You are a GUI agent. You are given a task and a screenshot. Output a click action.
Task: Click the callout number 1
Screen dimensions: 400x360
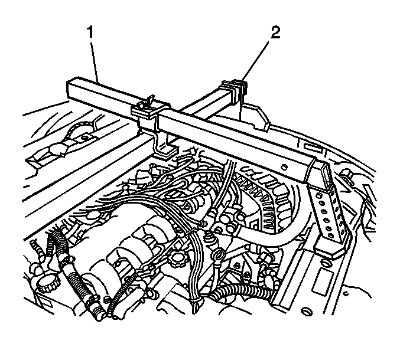point(90,33)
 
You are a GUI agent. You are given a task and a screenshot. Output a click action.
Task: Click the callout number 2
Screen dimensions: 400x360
point(275,33)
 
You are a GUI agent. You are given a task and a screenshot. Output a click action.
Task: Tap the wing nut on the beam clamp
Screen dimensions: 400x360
point(149,99)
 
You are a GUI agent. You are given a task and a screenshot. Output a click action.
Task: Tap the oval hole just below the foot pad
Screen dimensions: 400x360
point(324,263)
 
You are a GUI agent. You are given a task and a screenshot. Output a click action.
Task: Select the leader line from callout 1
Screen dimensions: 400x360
point(95,61)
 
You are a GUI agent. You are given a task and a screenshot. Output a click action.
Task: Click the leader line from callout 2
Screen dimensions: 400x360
point(256,61)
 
